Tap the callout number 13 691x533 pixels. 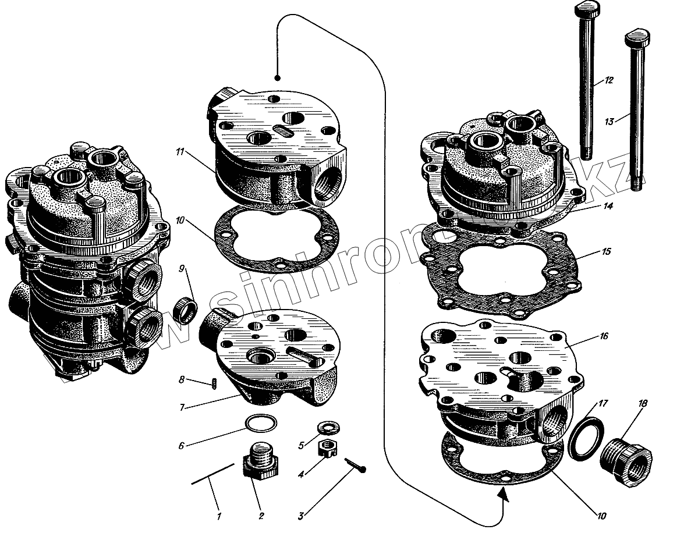pos(609,122)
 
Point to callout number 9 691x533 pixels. pos(182,269)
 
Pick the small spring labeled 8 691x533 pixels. pos(213,384)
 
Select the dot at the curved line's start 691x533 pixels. pos(278,77)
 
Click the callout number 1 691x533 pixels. pos(219,516)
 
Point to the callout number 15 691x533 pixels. pos(607,253)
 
